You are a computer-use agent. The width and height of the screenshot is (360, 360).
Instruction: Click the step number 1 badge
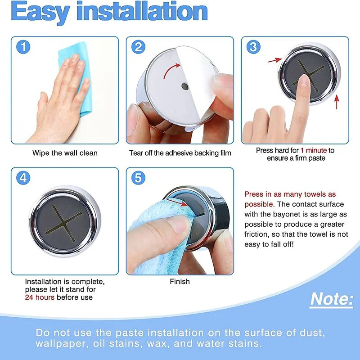[x=23, y=47]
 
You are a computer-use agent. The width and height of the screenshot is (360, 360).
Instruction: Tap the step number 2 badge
[x=138, y=47]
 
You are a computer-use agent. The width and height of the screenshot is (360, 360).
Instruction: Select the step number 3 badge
[x=253, y=47]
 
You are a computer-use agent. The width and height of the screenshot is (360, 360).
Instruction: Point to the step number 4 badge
[x=23, y=178]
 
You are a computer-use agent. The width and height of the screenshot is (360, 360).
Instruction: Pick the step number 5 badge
[x=138, y=178]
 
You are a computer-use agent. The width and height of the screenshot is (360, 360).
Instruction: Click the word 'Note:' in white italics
[x=332, y=299]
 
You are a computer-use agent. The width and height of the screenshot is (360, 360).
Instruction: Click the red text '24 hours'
[x=40, y=297]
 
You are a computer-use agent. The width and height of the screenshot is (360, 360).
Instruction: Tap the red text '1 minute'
[x=314, y=150]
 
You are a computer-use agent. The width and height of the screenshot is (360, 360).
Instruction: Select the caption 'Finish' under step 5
[x=180, y=282]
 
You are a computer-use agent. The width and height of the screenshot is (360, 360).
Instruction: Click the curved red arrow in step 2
[x=170, y=69]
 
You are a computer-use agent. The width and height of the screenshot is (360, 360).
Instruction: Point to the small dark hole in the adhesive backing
[x=185, y=86]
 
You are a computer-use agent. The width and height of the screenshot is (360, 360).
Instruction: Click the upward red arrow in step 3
[x=337, y=102]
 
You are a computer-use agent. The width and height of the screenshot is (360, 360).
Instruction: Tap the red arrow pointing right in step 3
[x=275, y=60]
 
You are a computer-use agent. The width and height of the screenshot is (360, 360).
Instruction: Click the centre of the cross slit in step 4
[x=63, y=223]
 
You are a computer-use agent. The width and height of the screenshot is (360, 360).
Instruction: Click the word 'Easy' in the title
[x=40, y=12]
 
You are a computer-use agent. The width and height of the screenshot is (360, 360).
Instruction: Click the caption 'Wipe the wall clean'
[x=65, y=153]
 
